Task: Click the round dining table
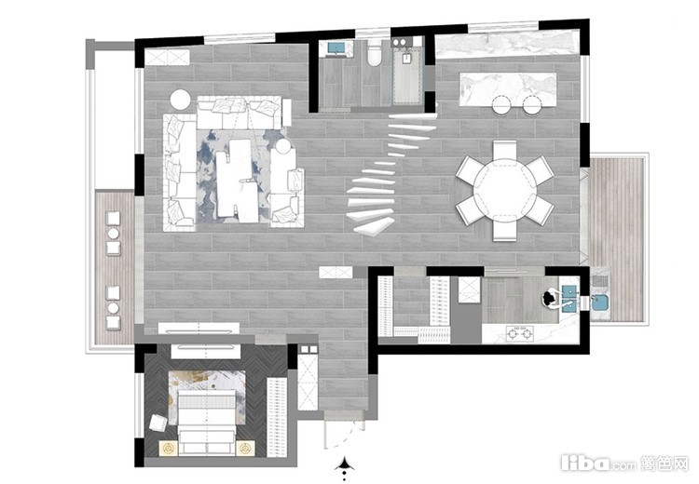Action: point(504,190)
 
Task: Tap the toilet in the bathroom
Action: point(374,54)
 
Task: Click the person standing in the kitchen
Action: point(551,298)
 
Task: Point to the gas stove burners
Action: point(520,333)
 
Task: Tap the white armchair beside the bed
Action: point(158,423)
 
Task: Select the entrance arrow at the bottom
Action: point(344,465)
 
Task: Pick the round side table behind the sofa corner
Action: point(181,100)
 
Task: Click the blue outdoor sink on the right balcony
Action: point(600,302)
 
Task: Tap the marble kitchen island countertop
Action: point(508,89)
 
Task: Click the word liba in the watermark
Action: point(585,464)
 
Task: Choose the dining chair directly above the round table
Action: point(504,150)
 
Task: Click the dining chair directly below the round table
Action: point(504,231)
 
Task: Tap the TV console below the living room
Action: point(199,329)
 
